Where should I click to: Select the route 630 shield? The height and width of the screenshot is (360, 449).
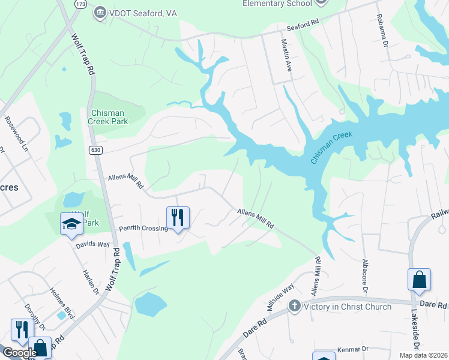pyautogui.click(x=96, y=149)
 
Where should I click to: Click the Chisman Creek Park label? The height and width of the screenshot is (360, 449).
pyautogui.click(x=109, y=117)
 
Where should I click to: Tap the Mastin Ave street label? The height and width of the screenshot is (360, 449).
pyautogui.click(x=286, y=56)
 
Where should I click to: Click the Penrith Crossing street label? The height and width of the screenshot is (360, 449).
pyautogui.click(x=143, y=229)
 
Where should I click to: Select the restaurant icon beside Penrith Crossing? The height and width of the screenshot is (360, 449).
pyautogui.click(x=178, y=217)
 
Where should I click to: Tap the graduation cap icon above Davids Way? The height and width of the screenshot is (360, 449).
pyautogui.click(x=71, y=224)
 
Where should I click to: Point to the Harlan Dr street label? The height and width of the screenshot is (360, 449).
pyautogui.click(x=91, y=281)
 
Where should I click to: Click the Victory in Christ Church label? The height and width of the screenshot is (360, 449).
pyautogui.click(x=348, y=307)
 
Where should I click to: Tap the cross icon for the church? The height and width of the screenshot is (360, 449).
pyautogui.click(x=294, y=307)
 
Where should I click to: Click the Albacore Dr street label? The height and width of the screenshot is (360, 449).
pyautogui.click(x=364, y=276)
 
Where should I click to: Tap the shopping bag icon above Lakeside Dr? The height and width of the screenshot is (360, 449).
pyautogui.click(x=419, y=280)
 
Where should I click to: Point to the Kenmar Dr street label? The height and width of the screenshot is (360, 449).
pyautogui.click(x=352, y=349)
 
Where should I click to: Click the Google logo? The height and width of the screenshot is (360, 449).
pyautogui.click(x=19, y=353)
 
